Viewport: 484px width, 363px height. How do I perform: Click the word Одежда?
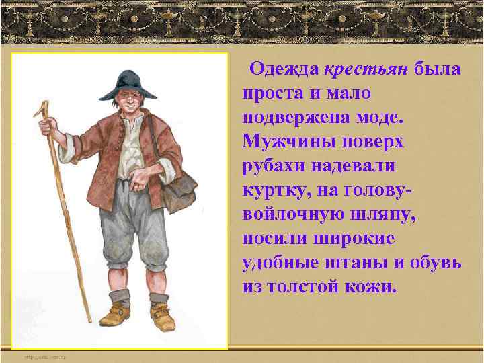coord(283,69)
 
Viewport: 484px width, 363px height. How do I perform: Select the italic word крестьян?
coord(366,69)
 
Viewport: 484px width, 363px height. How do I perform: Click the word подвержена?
coord(298,118)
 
